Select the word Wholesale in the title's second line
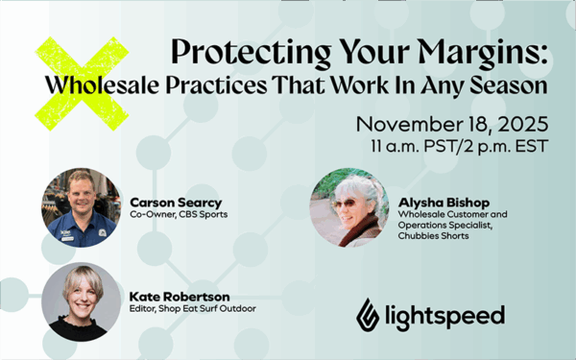click(87, 85)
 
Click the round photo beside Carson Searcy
click(79, 208)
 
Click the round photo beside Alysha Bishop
click(349, 208)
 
